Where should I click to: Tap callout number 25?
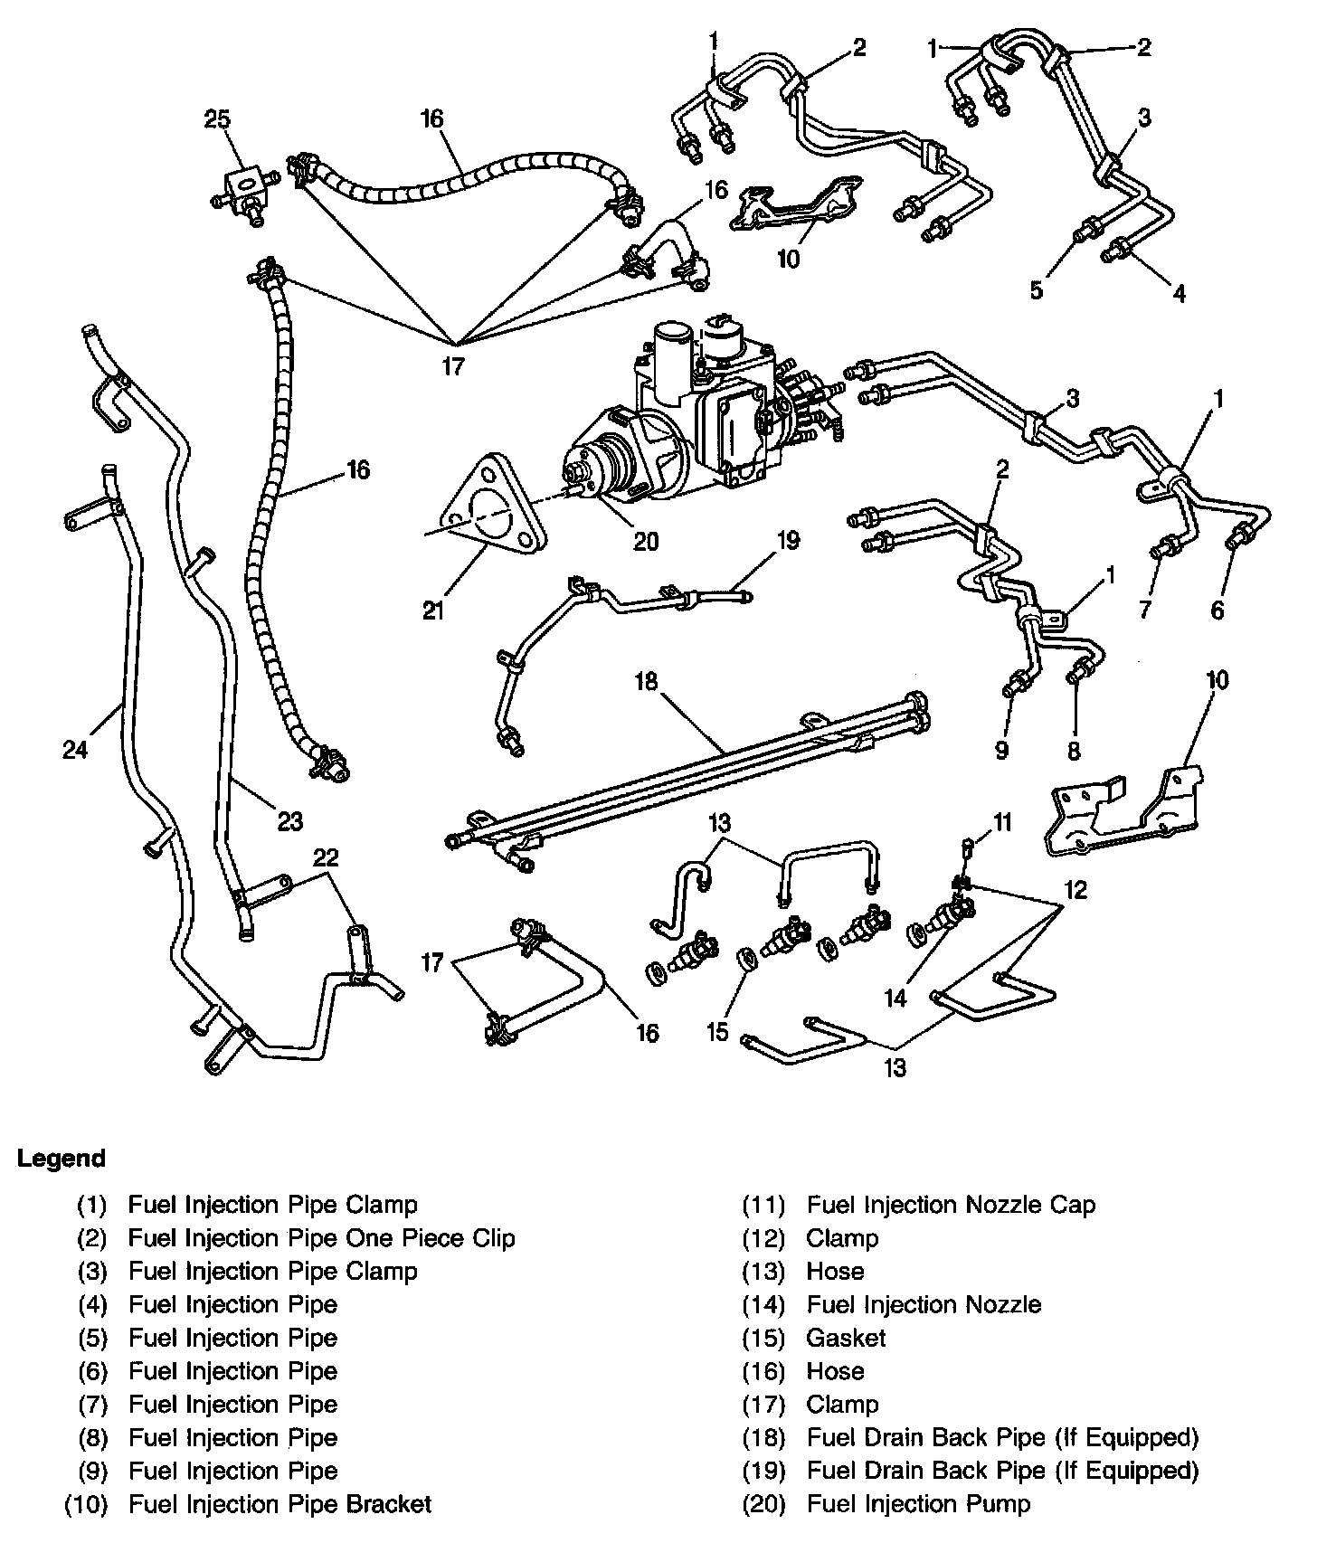coord(217,119)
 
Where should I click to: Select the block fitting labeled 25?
coord(243,192)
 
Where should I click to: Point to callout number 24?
coord(75,749)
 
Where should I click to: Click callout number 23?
coord(290,821)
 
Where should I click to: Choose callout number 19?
coord(788,541)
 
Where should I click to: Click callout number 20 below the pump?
coord(645,541)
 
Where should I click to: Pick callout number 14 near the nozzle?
coord(895,998)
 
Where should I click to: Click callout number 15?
coord(717,1032)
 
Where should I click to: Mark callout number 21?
coord(434,611)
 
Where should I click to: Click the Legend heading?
coord(62,1159)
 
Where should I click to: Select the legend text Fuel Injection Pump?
coord(918,1504)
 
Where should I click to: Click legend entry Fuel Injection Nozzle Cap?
coord(951,1205)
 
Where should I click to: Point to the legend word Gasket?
coord(846,1338)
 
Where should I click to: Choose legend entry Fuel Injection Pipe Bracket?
coord(280,1504)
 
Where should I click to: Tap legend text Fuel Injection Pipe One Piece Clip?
coord(321,1238)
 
